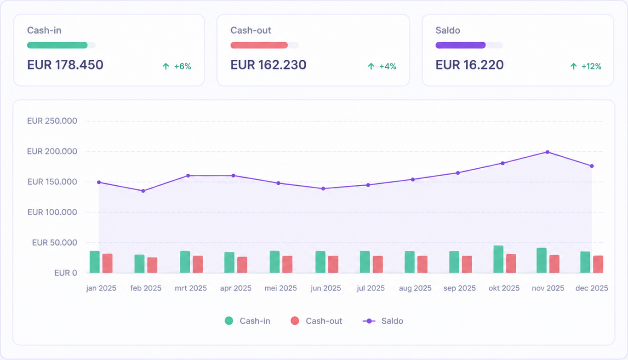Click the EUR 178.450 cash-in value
65,65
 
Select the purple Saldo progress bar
460,45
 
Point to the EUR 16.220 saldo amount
469,65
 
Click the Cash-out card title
251,30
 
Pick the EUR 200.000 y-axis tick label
52,151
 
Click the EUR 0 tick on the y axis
66,273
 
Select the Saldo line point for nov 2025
547,152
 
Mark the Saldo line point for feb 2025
143,191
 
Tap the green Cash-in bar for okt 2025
498,259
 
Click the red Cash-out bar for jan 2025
108,263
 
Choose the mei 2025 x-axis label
280,288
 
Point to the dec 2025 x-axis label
592,288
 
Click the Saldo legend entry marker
369,321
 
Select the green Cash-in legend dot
229,321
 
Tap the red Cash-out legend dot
295,321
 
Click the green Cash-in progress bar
57,45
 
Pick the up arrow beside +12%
574,66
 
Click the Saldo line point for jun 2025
323,189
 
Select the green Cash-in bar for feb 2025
139,263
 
